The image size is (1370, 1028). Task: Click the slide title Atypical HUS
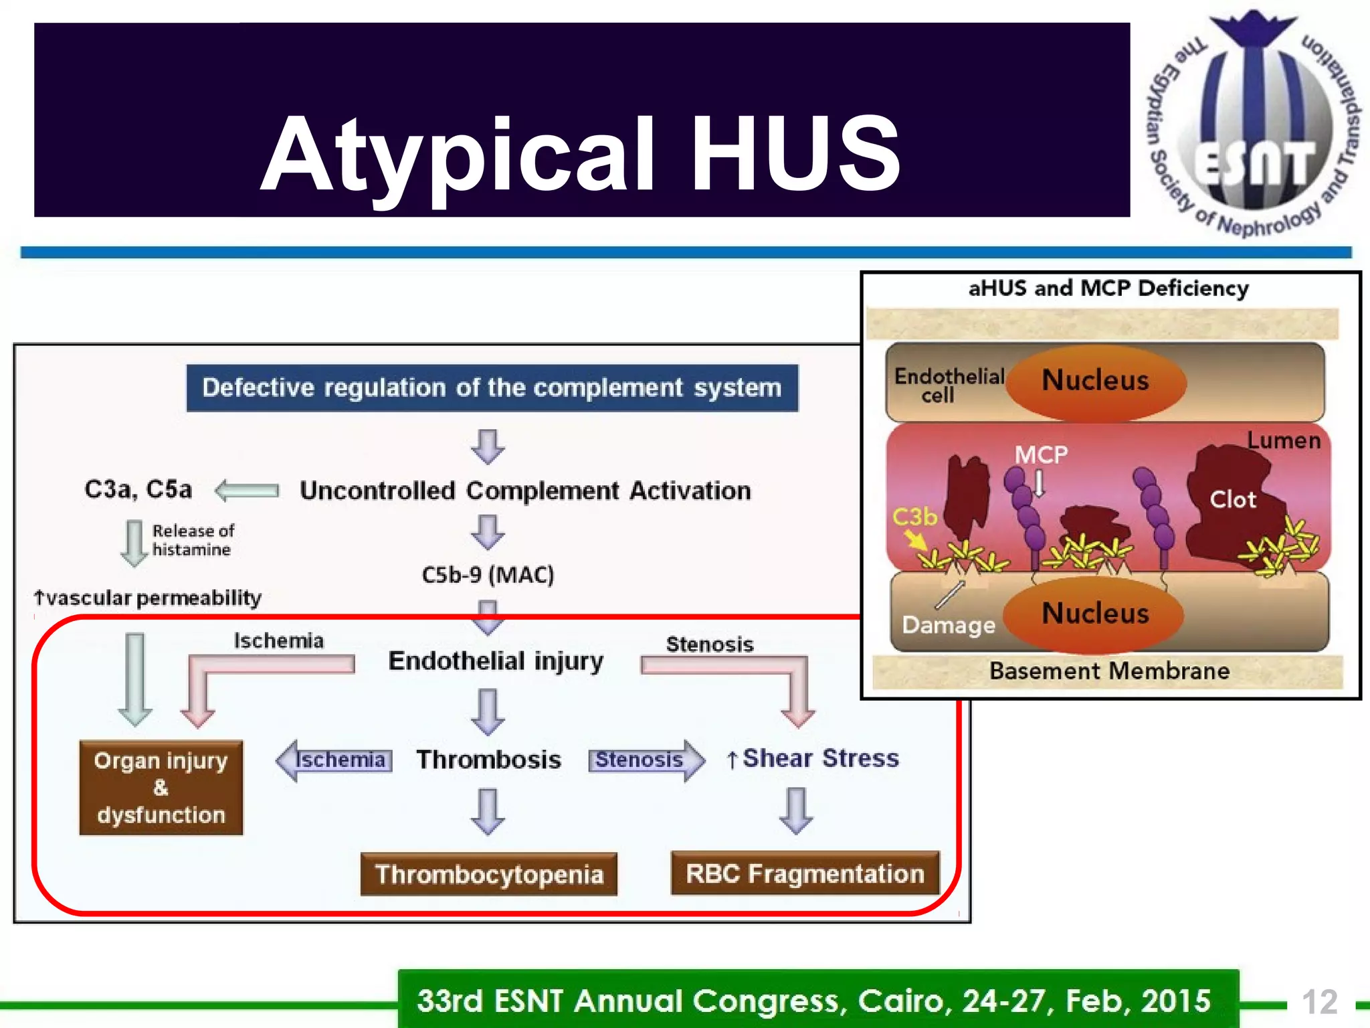tap(580, 155)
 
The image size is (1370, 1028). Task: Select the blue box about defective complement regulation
tap(492, 388)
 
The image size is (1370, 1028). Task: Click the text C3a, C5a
tap(138, 489)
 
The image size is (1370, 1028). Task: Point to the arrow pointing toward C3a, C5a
tap(247, 491)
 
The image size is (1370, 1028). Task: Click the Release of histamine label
tap(192, 540)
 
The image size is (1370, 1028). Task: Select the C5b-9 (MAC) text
tap(488, 574)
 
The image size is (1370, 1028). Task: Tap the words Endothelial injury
tap(496, 661)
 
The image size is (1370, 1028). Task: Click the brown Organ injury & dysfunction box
tap(161, 787)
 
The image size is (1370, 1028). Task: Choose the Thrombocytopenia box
tap(488, 874)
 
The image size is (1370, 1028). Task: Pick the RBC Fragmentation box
tap(805, 873)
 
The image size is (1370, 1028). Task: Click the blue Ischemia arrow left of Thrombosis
tap(334, 760)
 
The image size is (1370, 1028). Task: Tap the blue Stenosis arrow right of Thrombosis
tap(646, 760)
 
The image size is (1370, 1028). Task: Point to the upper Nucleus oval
tap(1095, 380)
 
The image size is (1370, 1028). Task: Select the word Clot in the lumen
tap(1232, 499)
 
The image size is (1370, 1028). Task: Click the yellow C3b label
tap(914, 517)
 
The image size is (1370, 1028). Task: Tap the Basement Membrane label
tap(1109, 671)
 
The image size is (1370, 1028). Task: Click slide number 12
tap(1319, 1002)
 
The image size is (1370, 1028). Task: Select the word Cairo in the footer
tap(901, 1001)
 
